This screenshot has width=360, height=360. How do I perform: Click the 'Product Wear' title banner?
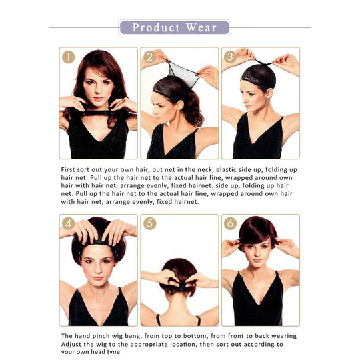pos(175,27)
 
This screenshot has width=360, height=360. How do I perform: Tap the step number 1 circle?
pos(69,57)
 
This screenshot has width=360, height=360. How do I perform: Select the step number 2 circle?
pos(150,57)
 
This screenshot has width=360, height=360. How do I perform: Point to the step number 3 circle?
pos(230,57)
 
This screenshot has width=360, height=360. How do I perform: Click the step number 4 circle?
pos(69,223)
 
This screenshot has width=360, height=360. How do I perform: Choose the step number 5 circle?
pos(150,223)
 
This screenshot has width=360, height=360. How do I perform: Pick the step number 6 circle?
pos(230,223)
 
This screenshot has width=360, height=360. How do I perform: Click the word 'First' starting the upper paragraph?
pos(68,170)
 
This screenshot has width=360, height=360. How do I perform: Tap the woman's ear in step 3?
pos(270,93)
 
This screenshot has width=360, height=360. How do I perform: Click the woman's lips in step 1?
pos(98,99)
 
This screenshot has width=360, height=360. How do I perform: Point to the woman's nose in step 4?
pos(98,269)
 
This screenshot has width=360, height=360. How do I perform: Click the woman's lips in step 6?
pos(257,261)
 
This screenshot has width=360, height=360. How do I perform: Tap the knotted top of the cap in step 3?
pos(263,63)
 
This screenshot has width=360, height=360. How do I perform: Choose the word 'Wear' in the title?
pos(201,27)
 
